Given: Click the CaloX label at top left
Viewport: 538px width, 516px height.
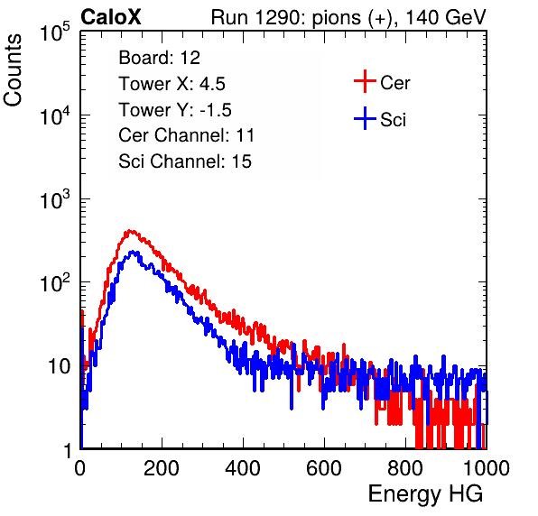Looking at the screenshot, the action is [x=111, y=17].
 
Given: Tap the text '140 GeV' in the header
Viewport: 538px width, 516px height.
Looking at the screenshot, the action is [x=446, y=17].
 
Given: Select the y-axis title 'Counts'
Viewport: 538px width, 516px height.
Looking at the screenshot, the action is [x=13, y=70].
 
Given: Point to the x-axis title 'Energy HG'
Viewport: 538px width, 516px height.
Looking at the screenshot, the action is [x=425, y=494].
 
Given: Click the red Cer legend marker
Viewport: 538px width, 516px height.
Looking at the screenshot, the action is [x=365, y=81].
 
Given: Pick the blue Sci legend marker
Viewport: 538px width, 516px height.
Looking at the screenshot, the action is [x=365, y=118].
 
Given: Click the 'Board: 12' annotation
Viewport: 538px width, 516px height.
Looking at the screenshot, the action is [x=159, y=58].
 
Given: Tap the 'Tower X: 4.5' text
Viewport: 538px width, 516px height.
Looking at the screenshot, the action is [x=172, y=84].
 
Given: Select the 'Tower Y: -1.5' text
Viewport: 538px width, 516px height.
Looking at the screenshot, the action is [x=175, y=110].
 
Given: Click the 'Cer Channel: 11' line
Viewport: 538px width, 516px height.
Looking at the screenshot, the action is [x=186, y=135].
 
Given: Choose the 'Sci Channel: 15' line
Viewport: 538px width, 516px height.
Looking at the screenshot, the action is [x=185, y=161].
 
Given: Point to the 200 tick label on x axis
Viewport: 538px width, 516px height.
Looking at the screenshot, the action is [x=162, y=468].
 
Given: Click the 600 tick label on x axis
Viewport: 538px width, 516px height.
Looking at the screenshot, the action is [x=324, y=468].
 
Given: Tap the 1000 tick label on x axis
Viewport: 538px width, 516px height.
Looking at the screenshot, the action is [x=487, y=468].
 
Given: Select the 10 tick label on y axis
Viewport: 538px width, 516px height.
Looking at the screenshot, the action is [x=60, y=367].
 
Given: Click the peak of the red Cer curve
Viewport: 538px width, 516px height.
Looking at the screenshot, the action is [x=129, y=231].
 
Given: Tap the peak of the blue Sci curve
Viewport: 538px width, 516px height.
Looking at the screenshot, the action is [x=133, y=252].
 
